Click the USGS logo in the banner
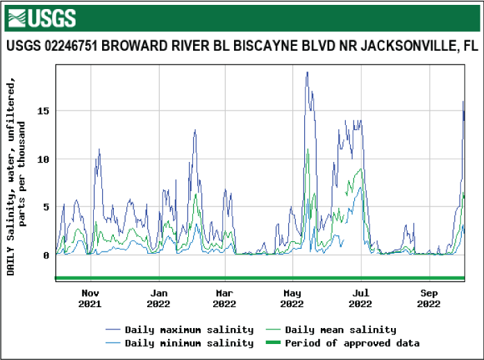[x=42, y=17]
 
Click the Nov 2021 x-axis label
[x=90, y=298]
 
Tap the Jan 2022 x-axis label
[x=158, y=298]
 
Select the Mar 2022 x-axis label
[x=224, y=298]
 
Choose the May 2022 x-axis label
[x=292, y=298]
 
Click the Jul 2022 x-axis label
[x=360, y=298]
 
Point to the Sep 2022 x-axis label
[x=429, y=298]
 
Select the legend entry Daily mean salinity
[x=340, y=329]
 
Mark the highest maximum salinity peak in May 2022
[x=307, y=72]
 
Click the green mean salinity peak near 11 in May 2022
[x=308, y=149]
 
